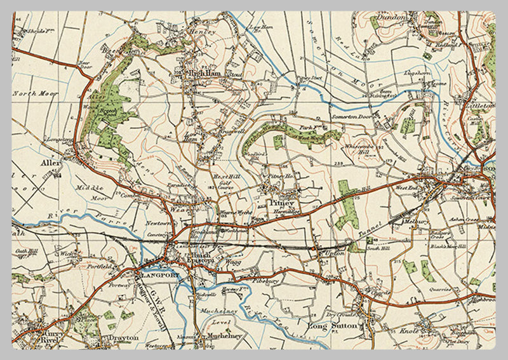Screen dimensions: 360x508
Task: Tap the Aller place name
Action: click(51, 163)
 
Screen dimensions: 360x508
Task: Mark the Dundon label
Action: click(390, 17)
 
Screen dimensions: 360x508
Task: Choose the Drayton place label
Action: click(123, 338)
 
